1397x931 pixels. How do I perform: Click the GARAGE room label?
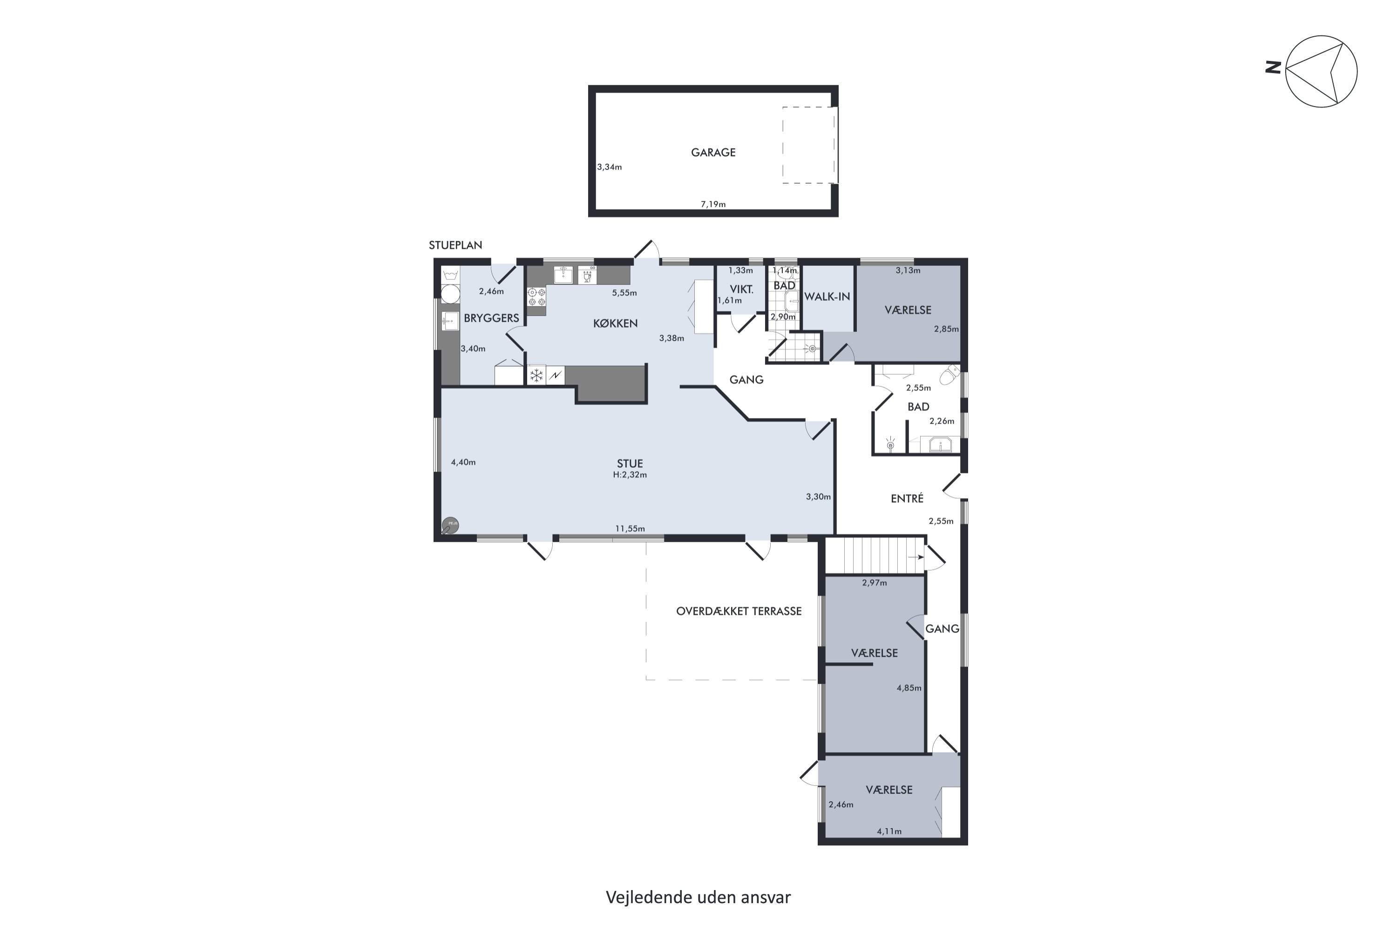(713, 153)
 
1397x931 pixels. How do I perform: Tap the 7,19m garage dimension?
(713, 204)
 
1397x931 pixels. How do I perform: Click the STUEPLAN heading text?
(455, 245)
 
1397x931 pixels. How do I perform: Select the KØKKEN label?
(615, 324)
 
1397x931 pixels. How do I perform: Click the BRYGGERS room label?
(491, 318)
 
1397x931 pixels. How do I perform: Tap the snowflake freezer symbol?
(536, 375)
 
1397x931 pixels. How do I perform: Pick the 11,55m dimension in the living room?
(630, 528)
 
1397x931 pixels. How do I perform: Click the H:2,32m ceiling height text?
(630, 475)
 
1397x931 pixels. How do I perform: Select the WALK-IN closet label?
(827, 297)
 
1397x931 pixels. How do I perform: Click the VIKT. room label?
(741, 290)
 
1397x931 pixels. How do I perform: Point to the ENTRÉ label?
(907, 499)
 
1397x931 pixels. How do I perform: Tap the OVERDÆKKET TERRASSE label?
(739, 611)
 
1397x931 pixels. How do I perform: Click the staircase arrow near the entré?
(916, 557)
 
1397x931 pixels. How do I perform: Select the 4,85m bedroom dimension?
(909, 688)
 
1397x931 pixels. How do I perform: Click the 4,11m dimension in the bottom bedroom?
(889, 831)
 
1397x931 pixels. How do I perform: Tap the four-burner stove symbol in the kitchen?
(536, 297)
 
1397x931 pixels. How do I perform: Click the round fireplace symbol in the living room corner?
(450, 526)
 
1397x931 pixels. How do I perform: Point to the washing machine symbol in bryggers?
(450, 293)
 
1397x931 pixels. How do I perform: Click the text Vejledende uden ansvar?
(698, 897)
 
